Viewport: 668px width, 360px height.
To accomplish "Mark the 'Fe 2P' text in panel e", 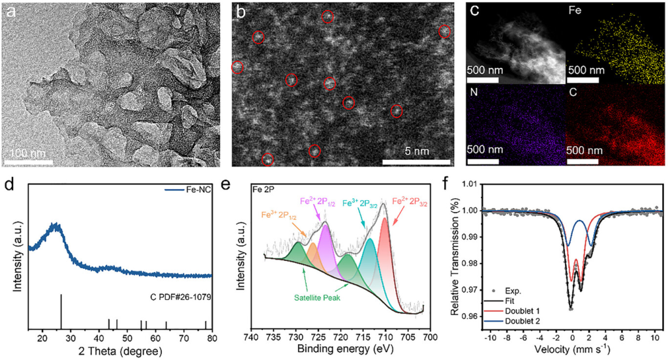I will (264, 189).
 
